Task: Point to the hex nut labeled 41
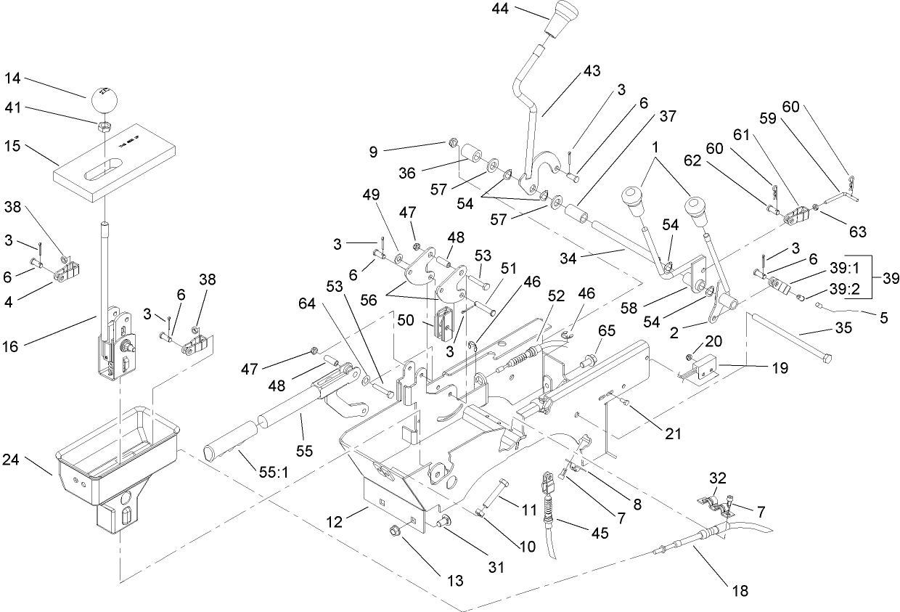click(x=104, y=126)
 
